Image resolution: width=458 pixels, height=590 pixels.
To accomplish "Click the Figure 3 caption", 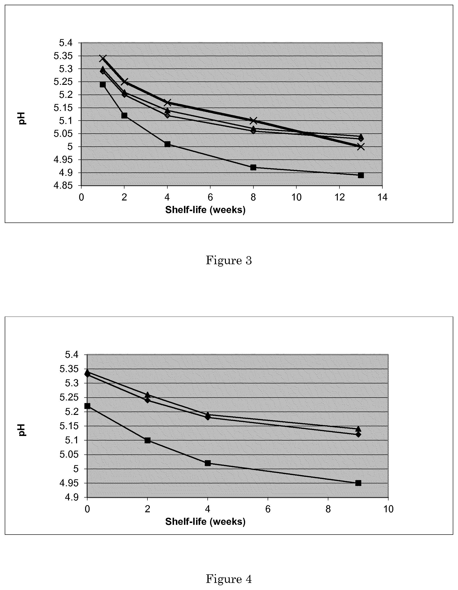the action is pyautogui.click(x=229, y=260).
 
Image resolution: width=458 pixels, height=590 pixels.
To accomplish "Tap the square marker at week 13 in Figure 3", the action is pyautogui.click(x=361, y=175).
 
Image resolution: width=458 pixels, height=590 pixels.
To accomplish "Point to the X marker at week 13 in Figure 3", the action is pyautogui.click(x=361, y=147).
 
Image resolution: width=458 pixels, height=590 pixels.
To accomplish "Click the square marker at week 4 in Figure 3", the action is pyautogui.click(x=167, y=144).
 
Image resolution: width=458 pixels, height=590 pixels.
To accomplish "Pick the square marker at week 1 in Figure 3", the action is pyautogui.click(x=103, y=85).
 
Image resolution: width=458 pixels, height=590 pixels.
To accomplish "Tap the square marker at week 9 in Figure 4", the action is pyautogui.click(x=358, y=483).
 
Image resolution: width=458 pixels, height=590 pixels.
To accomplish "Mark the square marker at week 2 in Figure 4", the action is pyautogui.click(x=147, y=440).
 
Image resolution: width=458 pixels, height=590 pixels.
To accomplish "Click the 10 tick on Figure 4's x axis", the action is pyautogui.click(x=388, y=509).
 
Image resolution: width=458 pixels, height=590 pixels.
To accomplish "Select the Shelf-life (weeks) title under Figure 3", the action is pyautogui.click(x=205, y=210).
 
